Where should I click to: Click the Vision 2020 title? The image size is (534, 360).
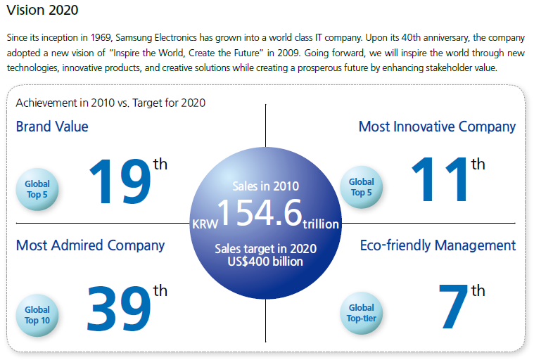[42, 11]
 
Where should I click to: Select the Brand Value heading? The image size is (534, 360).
[52, 127]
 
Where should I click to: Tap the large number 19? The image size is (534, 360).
[120, 181]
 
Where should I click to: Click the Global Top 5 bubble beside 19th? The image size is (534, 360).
[37, 188]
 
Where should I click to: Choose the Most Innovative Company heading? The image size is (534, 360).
[437, 127]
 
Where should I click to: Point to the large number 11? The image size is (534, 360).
[440, 181]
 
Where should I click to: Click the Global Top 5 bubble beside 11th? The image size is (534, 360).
[362, 188]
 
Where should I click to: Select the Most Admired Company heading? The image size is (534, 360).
[90, 245]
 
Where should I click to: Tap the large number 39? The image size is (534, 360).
[120, 308]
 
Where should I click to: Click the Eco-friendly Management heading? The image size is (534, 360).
[438, 245]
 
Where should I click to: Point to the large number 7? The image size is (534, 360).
[453, 308]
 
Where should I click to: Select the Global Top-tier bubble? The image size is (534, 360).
[362, 313]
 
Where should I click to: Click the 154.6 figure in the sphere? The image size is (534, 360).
[259, 213]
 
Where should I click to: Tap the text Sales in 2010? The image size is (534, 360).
[266, 186]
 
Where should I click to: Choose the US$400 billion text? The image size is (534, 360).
[266, 262]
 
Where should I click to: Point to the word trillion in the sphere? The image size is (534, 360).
[321, 225]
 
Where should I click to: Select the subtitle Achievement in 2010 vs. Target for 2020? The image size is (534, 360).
[110, 103]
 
